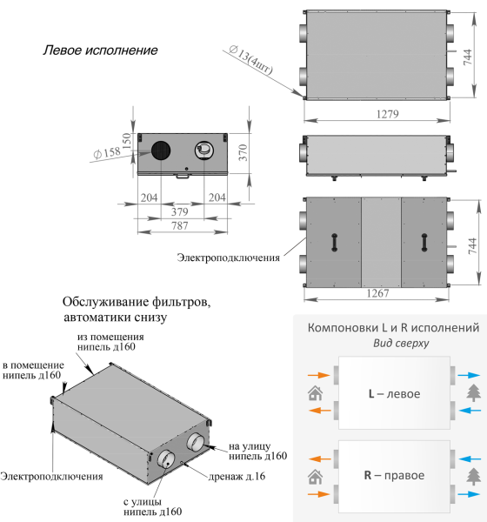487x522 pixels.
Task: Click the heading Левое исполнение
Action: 100,50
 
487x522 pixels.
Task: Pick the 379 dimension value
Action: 180,211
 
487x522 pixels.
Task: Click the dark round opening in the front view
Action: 161,151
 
